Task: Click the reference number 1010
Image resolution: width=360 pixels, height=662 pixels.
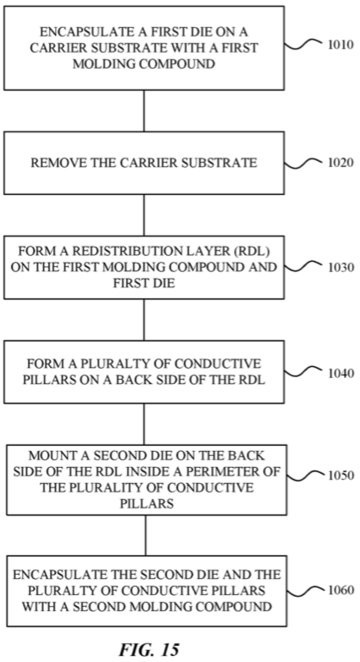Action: (341, 44)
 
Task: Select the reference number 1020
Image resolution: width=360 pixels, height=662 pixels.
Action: (341, 163)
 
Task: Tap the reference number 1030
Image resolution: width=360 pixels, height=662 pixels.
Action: (341, 267)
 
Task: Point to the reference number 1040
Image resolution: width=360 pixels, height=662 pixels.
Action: (341, 373)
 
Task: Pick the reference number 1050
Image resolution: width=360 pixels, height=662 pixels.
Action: (341, 476)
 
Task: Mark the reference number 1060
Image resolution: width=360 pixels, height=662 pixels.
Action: (341, 590)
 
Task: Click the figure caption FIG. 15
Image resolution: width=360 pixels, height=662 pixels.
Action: (149, 648)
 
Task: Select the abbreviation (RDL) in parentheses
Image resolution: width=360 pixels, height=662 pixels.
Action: (253, 252)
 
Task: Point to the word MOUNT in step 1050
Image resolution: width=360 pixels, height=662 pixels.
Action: (47, 456)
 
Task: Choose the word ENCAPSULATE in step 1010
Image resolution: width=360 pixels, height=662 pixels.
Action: (80, 32)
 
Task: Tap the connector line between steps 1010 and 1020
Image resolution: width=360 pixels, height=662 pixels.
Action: (144, 110)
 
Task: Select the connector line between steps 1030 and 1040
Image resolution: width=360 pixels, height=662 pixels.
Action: (144, 320)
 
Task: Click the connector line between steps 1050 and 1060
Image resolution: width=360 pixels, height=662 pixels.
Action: (146, 536)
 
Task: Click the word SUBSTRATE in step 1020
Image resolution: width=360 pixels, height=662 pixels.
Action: (224, 163)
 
